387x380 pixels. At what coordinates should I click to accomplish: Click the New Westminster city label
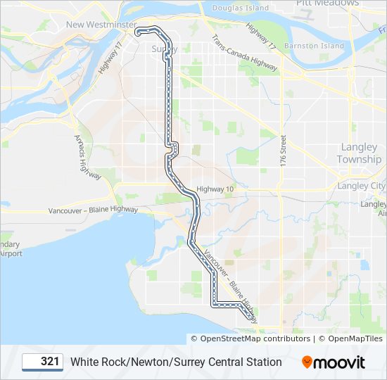(x=101, y=25)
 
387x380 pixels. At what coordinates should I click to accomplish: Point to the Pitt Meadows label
(x=327, y=3)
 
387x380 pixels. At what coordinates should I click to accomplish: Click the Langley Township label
(x=360, y=153)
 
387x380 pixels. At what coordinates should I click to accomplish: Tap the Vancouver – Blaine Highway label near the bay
(x=93, y=210)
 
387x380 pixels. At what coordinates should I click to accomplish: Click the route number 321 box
(x=43, y=362)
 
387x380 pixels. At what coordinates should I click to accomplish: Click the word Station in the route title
(x=261, y=362)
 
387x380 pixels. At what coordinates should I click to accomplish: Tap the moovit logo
(x=334, y=362)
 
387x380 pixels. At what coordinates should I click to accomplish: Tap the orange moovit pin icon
(x=307, y=362)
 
